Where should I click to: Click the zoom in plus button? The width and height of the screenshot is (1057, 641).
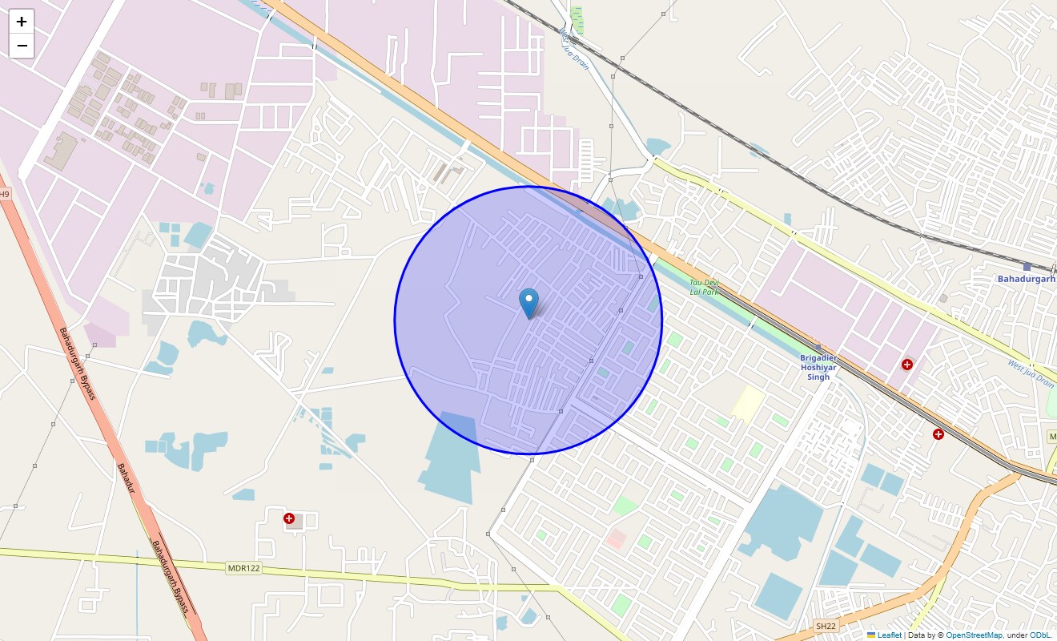[22, 22]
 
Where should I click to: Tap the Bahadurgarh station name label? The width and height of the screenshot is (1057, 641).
[1026, 279]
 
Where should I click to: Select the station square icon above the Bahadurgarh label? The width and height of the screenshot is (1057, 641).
[1027, 267]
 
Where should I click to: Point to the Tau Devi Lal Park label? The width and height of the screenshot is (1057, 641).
[705, 286]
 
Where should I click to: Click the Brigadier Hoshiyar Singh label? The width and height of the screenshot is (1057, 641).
[818, 368]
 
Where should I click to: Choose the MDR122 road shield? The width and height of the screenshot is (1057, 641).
[243, 568]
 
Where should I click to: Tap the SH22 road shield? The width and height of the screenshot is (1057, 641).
[825, 625]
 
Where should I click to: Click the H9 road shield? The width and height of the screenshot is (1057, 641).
[5, 195]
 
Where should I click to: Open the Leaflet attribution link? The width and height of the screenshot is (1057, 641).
[889, 635]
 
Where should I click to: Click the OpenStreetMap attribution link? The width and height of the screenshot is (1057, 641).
[974, 635]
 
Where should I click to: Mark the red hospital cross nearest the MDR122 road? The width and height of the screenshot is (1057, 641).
[289, 519]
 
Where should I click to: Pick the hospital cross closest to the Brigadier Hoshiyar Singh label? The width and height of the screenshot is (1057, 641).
[907, 365]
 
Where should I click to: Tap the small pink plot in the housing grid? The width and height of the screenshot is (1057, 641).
[617, 538]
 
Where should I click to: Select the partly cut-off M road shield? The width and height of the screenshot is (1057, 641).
[1052, 437]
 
